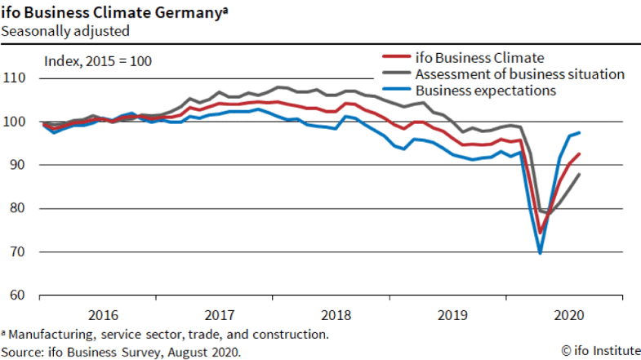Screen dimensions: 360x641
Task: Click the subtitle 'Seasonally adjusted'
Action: [65, 31]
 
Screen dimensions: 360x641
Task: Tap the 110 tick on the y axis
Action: [16, 78]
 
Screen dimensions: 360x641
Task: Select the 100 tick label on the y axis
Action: [16, 122]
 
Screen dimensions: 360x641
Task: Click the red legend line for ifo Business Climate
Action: [396, 57]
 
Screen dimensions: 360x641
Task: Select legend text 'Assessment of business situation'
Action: [519, 74]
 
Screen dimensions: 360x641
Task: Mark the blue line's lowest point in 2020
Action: [541, 253]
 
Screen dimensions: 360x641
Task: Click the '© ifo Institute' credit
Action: [600, 351]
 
